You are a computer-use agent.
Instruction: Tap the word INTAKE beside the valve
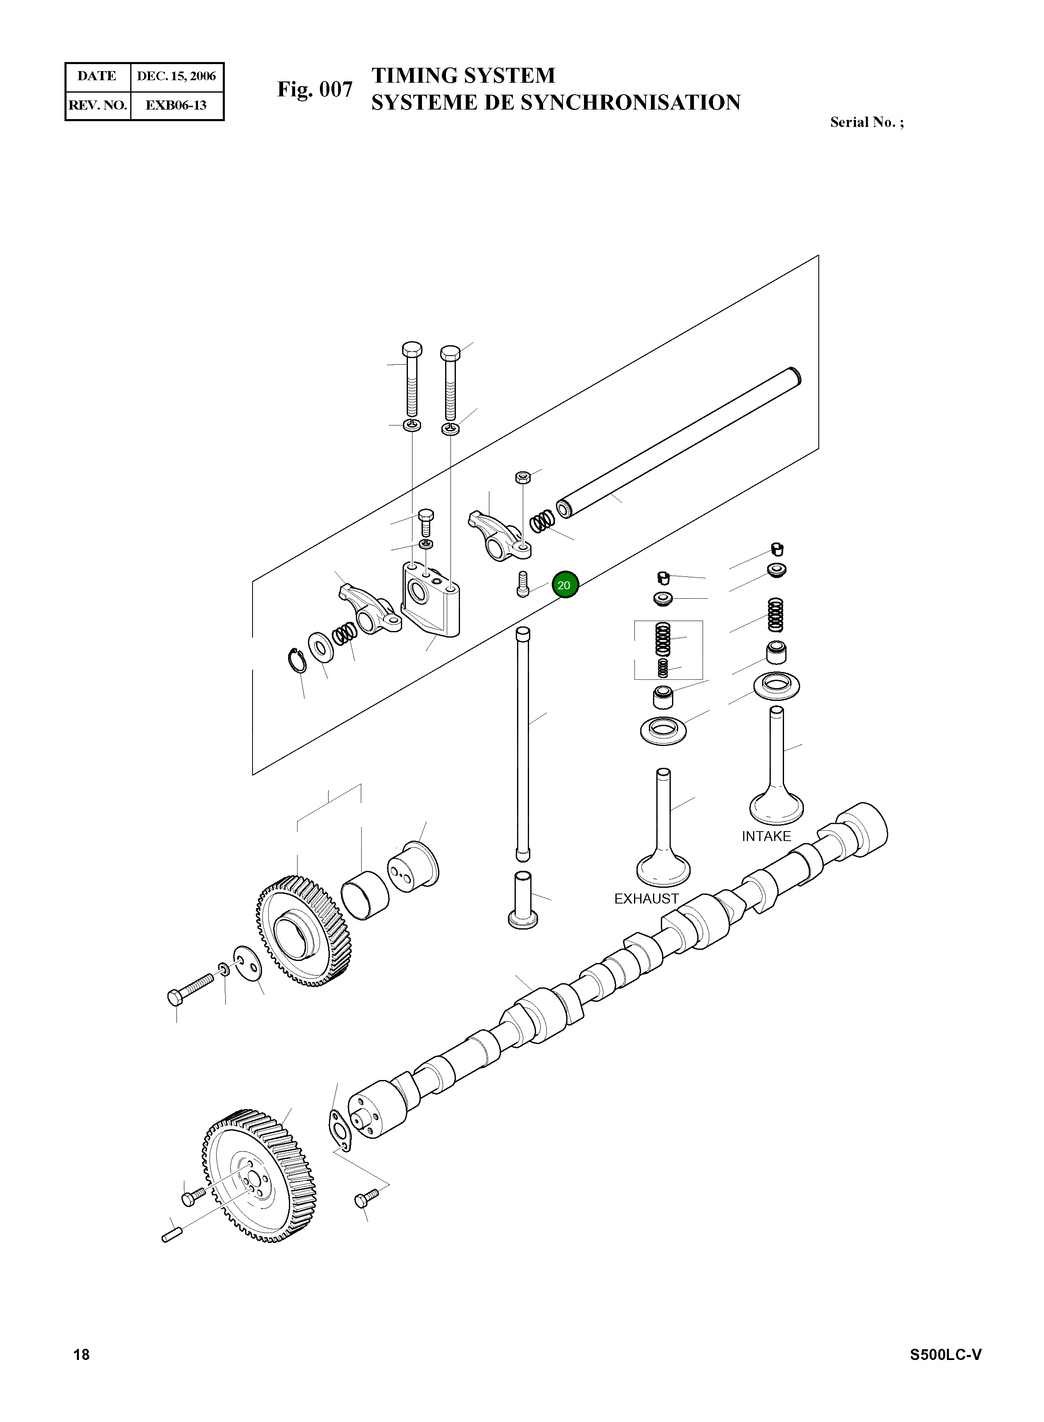click(x=766, y=836)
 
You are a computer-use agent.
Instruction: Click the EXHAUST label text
click(x=646, y=899)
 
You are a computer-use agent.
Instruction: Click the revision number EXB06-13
click(x=176, y=105)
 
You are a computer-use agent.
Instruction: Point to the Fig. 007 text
click(x=315, y=90)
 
